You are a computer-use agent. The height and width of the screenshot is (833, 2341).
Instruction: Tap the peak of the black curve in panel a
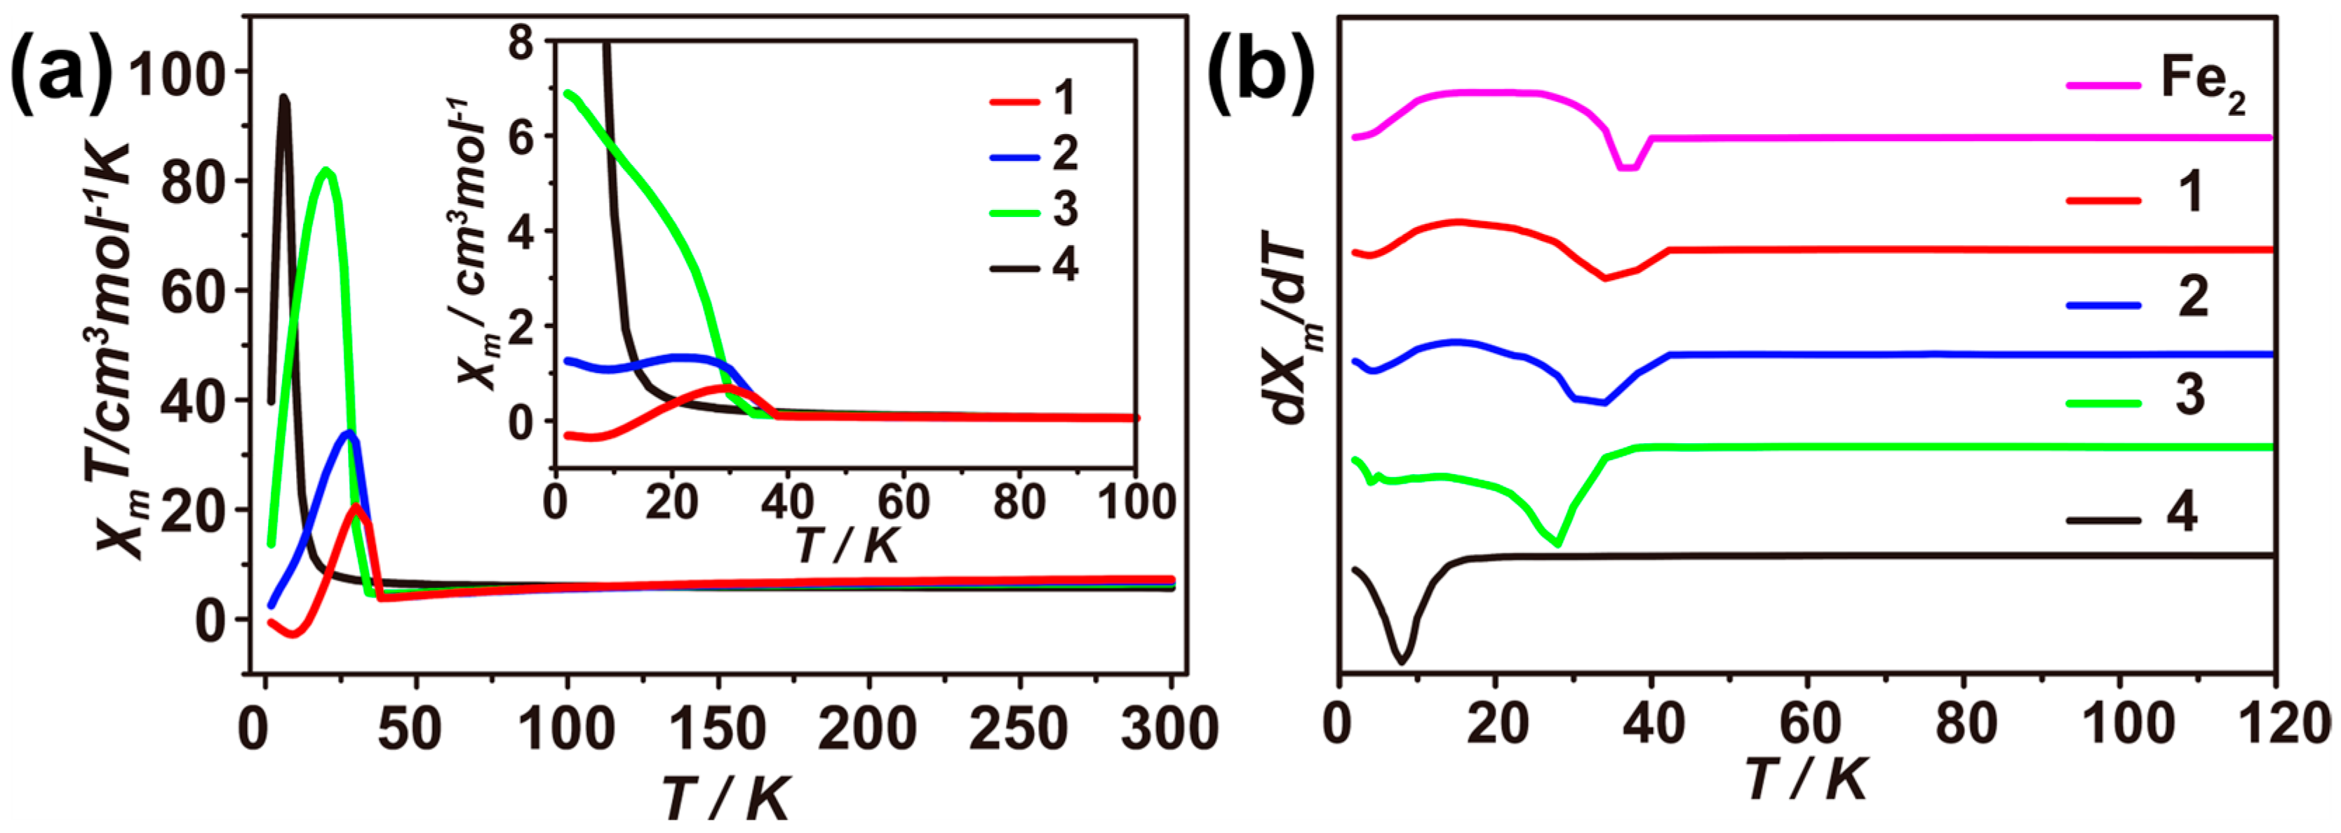tap(284, 98)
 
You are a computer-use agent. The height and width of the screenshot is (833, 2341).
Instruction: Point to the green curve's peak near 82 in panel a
tap(326, 170)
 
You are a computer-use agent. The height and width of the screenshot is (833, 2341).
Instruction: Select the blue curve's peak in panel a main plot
tap(348, 432)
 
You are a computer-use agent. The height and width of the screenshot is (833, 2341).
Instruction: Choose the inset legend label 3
tap(1065, 209)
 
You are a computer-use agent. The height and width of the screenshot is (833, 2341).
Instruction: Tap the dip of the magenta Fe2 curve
tap(1628, 167)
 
